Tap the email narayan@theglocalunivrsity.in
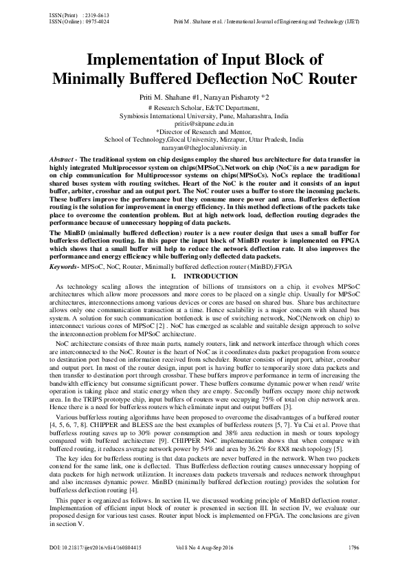pos(204,146)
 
